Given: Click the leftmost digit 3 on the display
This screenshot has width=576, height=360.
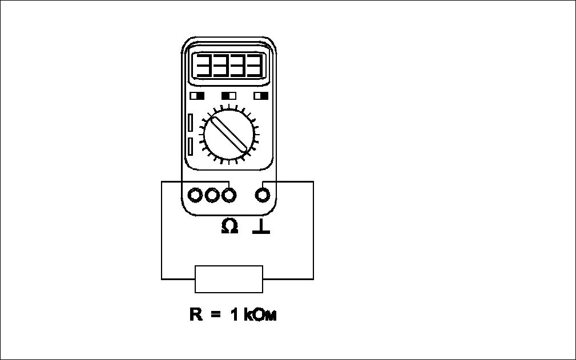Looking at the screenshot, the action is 204,67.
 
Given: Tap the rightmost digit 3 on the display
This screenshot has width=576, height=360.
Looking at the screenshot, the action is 255,67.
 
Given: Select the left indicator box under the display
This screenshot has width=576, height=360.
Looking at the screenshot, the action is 197,95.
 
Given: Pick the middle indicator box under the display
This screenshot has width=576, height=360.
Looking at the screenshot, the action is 229,95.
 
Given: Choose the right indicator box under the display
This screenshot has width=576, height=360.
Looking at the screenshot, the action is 261,95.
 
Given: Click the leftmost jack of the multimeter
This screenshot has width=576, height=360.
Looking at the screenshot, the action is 196,195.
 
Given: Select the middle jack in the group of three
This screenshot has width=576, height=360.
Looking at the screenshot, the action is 212,195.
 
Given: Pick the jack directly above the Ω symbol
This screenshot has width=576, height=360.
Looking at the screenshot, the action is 229,195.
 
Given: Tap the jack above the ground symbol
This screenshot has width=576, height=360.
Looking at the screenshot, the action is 263,195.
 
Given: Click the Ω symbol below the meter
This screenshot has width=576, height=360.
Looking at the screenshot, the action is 229,227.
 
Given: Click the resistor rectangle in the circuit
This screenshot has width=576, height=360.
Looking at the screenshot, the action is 229,279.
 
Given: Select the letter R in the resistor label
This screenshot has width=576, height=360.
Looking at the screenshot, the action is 196,315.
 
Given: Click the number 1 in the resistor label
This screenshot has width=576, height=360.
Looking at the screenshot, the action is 234,315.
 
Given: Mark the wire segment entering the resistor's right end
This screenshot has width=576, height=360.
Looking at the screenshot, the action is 288,279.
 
